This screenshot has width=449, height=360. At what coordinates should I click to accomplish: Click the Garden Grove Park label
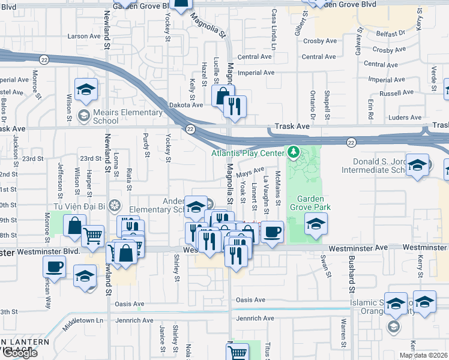[310, 204]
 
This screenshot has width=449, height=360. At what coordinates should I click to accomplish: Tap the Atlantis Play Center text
[247, 153]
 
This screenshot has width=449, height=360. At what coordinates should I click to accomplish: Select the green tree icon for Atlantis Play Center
[294, 152]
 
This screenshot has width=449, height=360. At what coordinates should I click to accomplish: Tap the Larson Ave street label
[84, 36]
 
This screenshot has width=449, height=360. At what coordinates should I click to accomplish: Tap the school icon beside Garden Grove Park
[316, 224]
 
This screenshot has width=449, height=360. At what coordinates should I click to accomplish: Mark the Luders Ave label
[406, 118]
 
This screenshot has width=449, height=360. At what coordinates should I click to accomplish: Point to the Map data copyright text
[423, 355]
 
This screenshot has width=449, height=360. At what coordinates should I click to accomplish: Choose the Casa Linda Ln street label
[274, 29]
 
